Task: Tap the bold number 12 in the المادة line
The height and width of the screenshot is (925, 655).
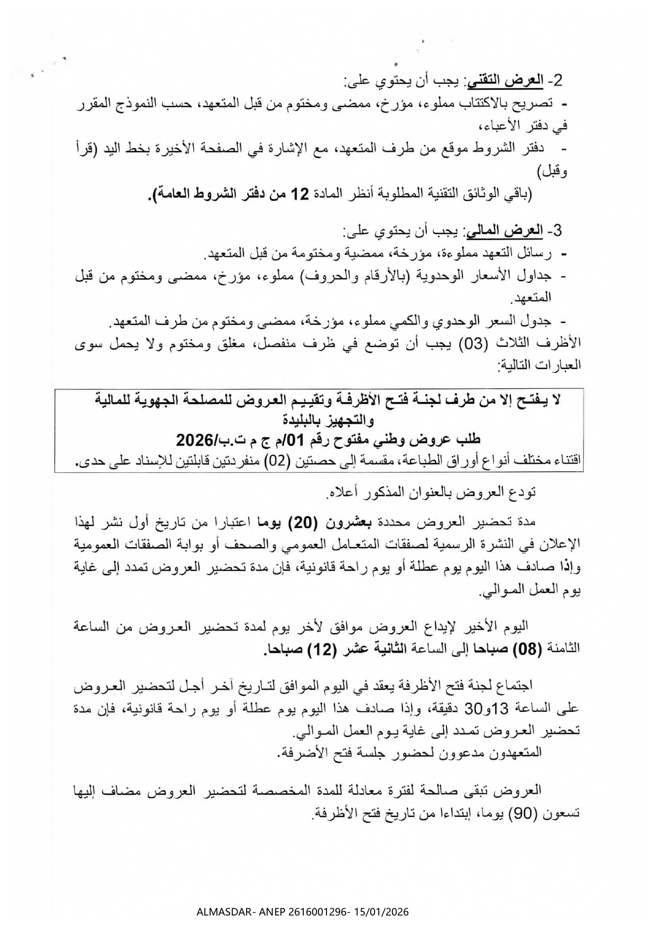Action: [300, 194]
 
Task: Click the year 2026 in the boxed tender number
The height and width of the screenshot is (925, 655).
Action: [193, 440]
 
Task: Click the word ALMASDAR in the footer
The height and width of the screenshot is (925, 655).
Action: [222, 912]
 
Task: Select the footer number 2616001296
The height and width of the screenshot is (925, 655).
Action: [322, 912]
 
